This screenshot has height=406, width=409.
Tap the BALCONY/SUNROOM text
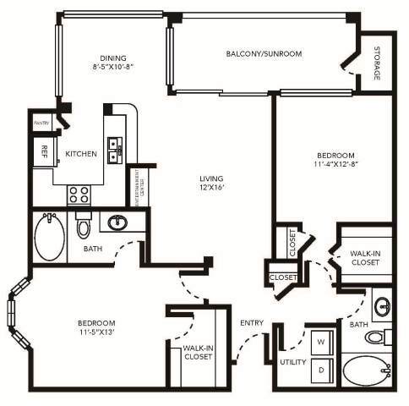click(x=264, y=53)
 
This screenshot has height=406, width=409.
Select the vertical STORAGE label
click(x=377, y=63)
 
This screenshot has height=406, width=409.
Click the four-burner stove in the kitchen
click(x=79, y=195)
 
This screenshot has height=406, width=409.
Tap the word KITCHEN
click(x=81, y=155)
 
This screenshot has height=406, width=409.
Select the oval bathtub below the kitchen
click(x=49, y=236)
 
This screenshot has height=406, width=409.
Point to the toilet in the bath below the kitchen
click(x=84, y=227)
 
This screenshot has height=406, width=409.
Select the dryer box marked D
click(x=322, y=370)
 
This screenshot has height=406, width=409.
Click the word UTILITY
click(x=292, y=362)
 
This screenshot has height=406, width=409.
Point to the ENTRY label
click(x=251, y=323)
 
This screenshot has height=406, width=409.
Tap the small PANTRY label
click(x=42, y=123)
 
